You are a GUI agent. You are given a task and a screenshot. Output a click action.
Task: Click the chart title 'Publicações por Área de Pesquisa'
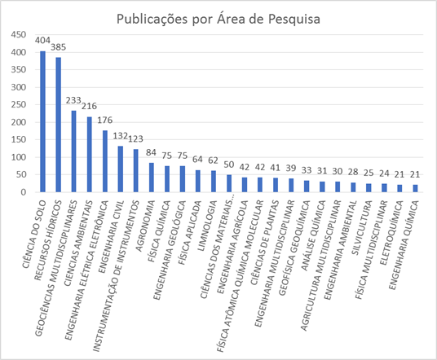point(218,17)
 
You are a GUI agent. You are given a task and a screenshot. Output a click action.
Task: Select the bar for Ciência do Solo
point(43,121)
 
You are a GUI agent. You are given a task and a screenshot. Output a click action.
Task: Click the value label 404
point(43,39)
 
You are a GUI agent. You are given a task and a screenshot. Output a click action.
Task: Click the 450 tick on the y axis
point(18,37)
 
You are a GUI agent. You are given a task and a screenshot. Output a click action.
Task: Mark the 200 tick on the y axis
point(18,122)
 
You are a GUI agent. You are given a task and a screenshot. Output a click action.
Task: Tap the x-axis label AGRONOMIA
point(140,213)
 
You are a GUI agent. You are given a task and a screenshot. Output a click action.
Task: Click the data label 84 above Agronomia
point(151,153)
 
